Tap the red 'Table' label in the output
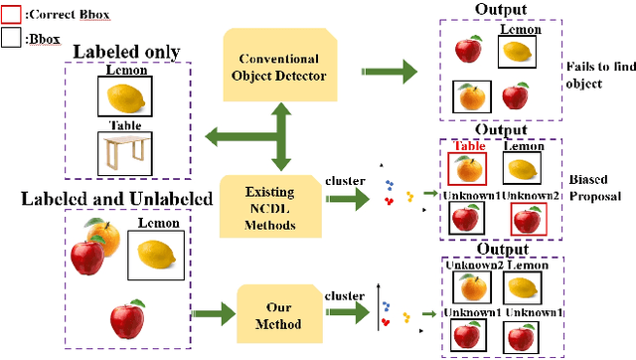468,146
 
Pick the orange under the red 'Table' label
468,170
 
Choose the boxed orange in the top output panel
469,96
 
